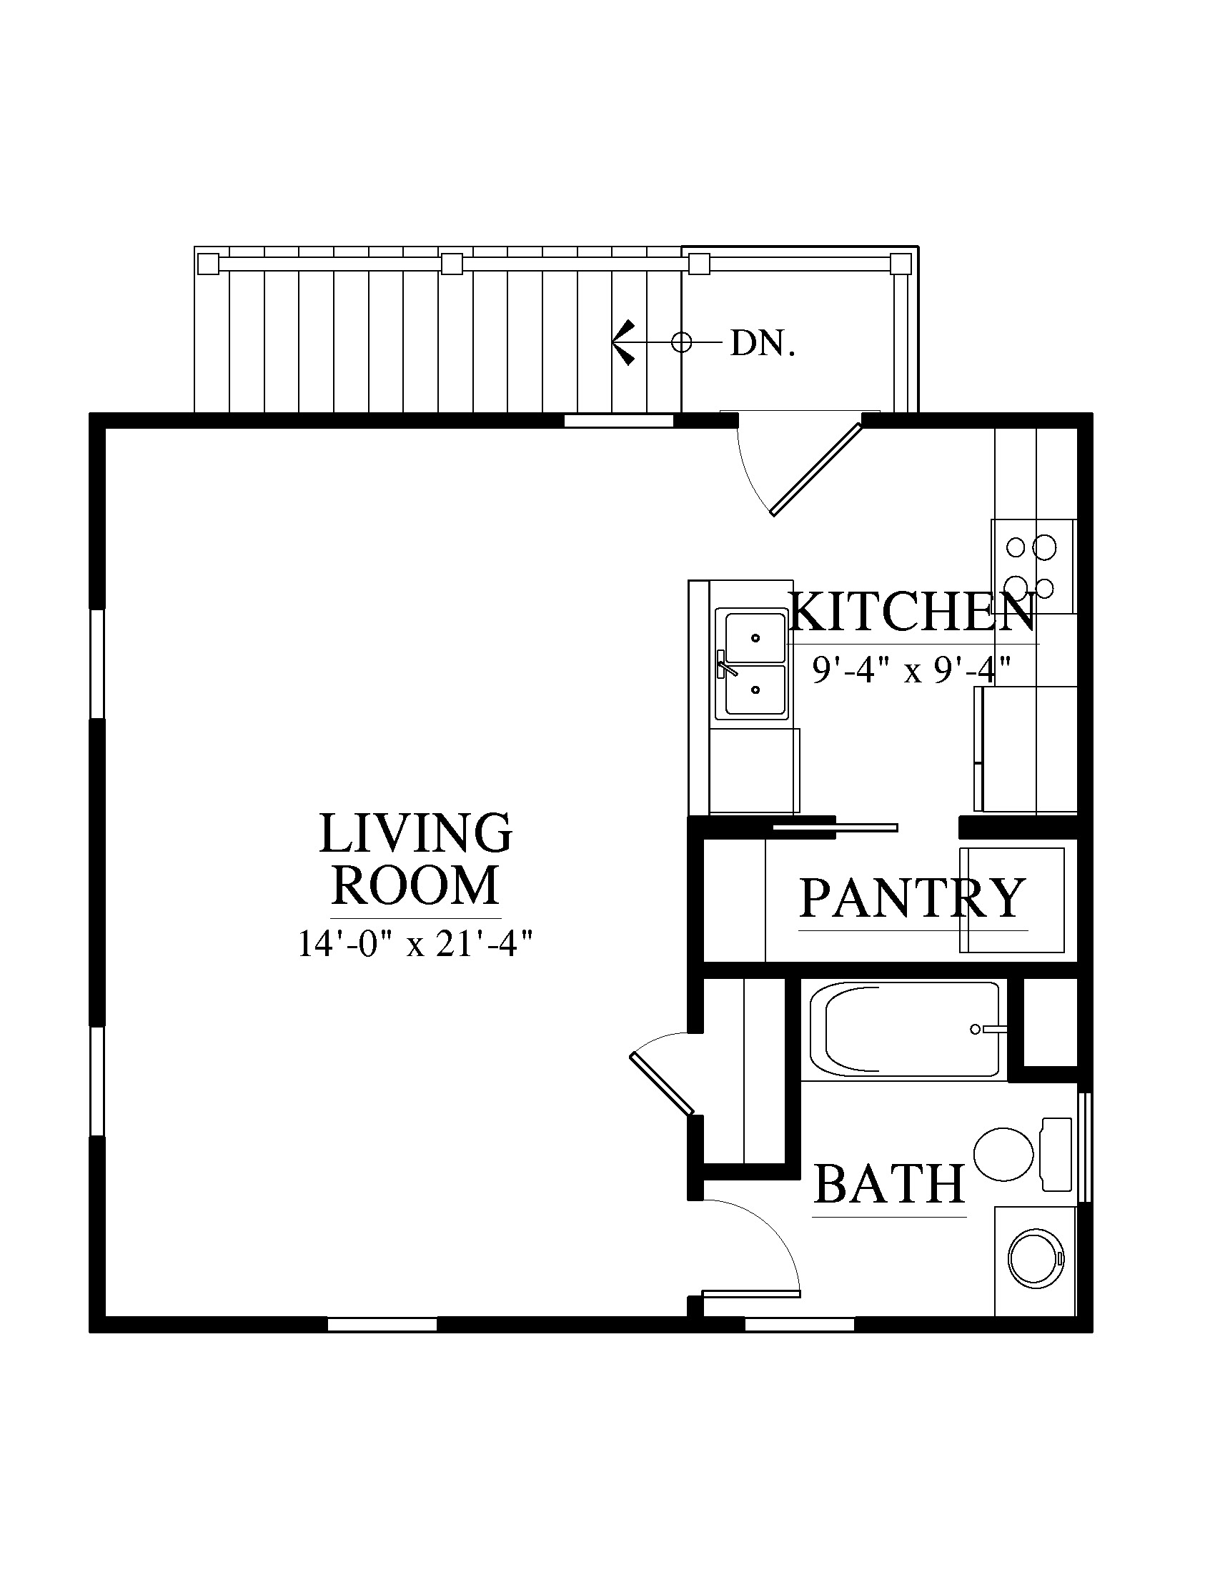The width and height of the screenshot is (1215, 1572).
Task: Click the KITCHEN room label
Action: pyautogui.click(x=913, y=612)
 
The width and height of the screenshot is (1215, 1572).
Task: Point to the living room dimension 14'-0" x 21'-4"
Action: pyautogui.click(x=416, y=944)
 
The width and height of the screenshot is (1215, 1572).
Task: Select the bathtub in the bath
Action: pyautogui.click(x=905, y=1030)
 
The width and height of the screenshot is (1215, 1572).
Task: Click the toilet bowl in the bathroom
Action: pyautogui.click(x=1004, y=1154)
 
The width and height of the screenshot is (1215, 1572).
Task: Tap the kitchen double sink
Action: pyautogui.click(x=755, y=665)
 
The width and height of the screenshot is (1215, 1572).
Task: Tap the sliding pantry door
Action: pyautogui.click(x=835, y=827)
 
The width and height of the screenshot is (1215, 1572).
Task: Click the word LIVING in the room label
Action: pyautogui.click(x=416, y=833)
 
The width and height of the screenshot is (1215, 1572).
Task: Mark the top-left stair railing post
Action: pyautogui.click(x=209, y=264)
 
